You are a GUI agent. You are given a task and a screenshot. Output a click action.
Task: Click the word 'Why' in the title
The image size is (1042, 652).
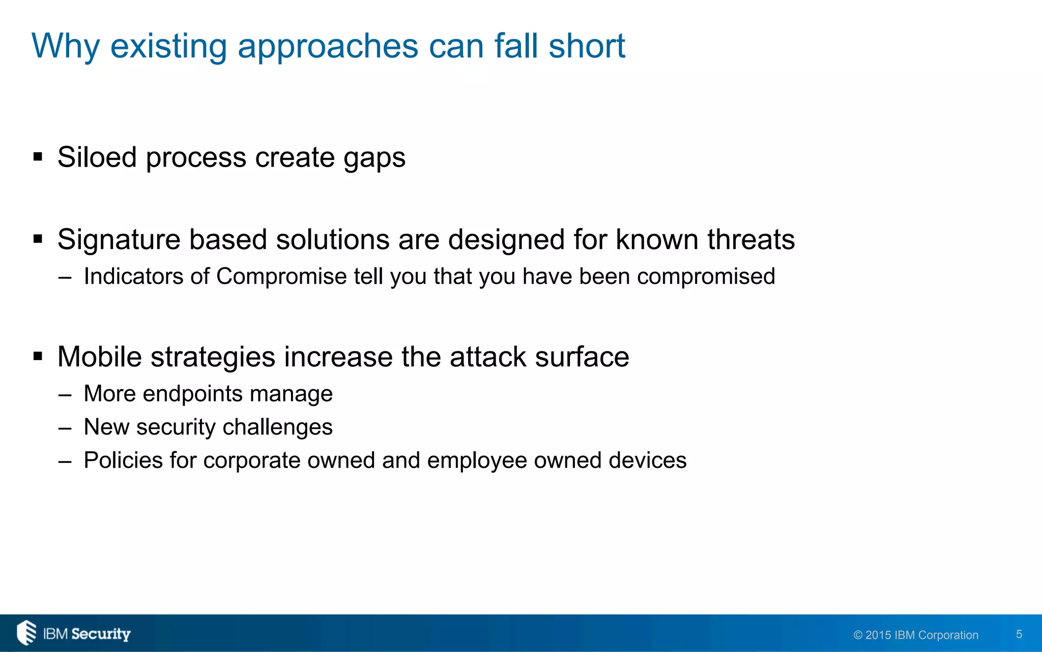point(66,46)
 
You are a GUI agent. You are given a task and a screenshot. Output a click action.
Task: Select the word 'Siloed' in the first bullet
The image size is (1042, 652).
point(97,157)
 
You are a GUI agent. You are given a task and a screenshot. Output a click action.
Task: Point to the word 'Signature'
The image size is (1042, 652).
point(119,239)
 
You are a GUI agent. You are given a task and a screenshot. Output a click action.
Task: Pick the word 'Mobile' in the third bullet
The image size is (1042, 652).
point(99,357)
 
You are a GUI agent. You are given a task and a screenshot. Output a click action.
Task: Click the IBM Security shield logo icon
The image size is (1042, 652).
point(26,633)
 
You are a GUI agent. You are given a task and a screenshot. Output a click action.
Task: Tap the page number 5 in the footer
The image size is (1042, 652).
point(1019,634)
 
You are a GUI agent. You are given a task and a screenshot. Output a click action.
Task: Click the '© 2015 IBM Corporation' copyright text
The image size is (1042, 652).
point(916,635)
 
